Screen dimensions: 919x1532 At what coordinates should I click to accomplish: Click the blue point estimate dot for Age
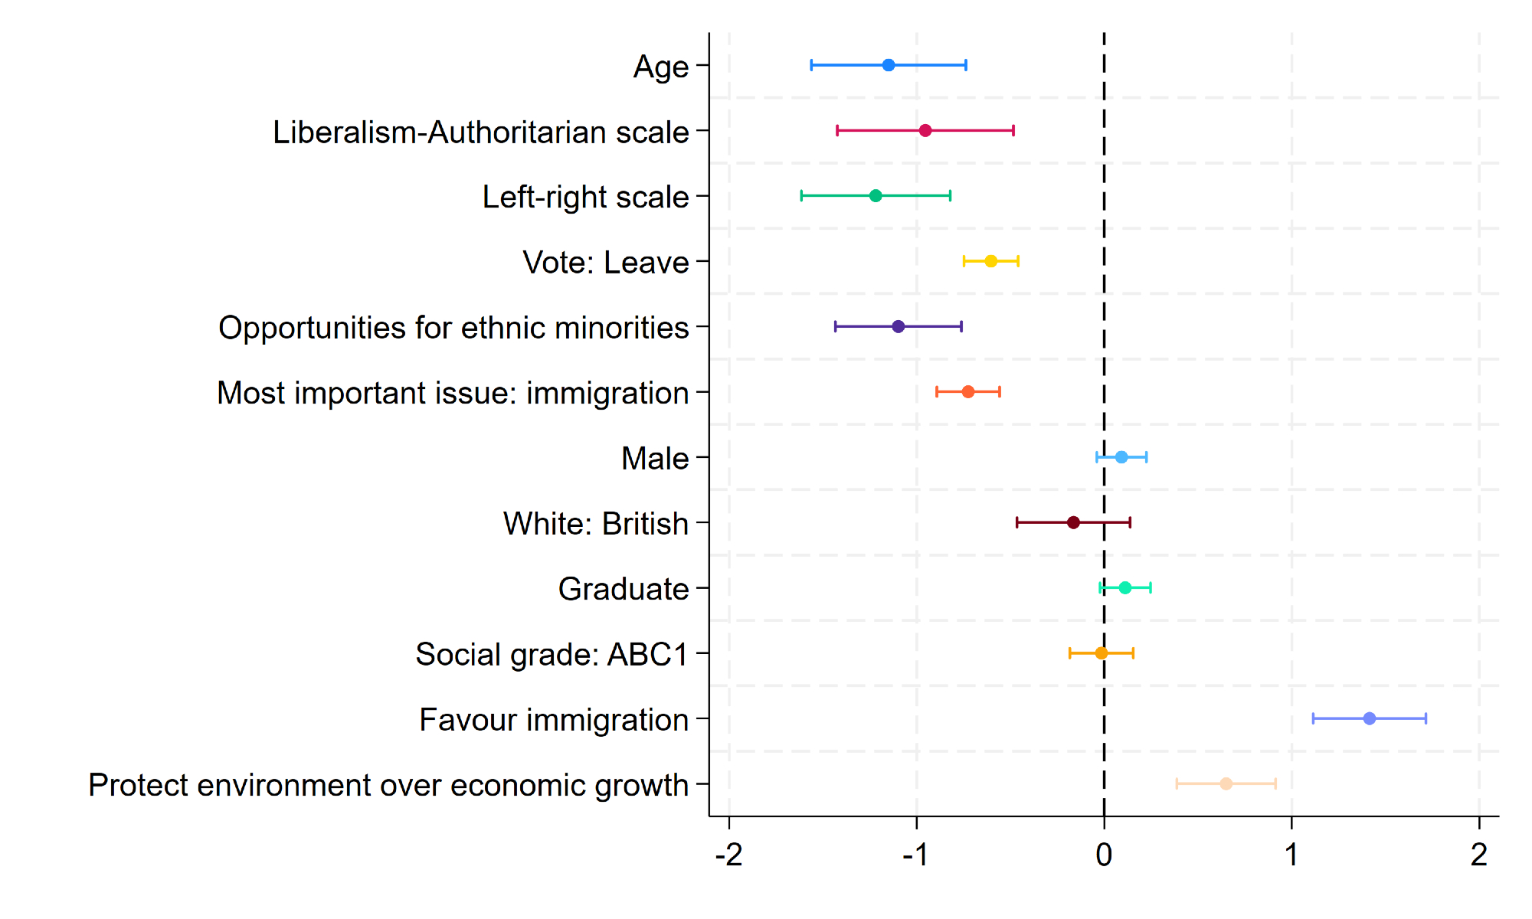[x=889, y=65]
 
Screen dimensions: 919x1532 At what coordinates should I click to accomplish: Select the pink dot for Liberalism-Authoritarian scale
[x=925, y=130]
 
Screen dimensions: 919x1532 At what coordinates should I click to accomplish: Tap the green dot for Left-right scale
[x=876, y=196]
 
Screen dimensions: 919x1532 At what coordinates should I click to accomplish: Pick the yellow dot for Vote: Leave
[x=990, y=261]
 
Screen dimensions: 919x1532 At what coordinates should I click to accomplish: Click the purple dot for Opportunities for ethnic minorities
[x=899, y=326]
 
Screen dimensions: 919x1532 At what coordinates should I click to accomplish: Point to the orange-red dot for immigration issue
[x=968, y=392]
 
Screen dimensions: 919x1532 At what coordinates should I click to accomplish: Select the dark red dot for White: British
[x=1073, y=522]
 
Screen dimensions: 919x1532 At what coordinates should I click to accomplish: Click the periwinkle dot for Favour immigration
[x=1370, y=718]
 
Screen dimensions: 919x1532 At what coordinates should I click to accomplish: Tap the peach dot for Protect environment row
[x=1226, y=783]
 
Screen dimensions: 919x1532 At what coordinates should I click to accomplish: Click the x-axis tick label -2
[x=728, y=855]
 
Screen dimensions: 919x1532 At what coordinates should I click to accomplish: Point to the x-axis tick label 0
[x=1104, y=855]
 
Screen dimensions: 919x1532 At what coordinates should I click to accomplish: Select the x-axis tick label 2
[x=1479, y=855]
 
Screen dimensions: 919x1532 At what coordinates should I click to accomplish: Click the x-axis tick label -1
[x=916, y=855]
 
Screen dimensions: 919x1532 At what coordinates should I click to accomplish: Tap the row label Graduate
[x=624, y=589]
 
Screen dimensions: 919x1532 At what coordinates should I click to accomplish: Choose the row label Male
[x=655, y=459]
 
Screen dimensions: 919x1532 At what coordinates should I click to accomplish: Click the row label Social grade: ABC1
[x=552, y=655]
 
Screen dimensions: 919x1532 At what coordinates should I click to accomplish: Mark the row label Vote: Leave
[x=606, y=263]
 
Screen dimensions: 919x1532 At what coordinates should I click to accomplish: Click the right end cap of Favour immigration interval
[x=1426, y=718]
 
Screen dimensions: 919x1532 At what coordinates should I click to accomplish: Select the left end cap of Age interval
[x=811, y=65]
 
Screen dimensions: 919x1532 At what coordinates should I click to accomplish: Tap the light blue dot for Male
[x=1121, y=457]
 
